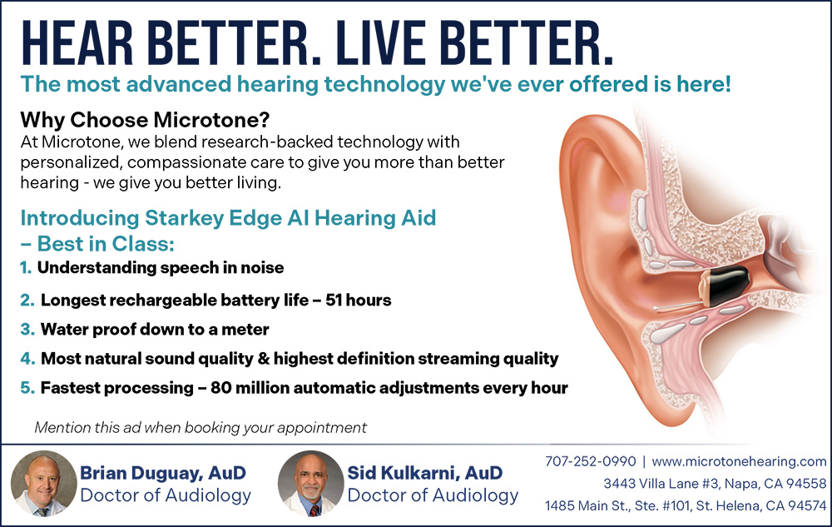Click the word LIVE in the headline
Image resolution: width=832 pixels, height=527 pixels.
point(380,43)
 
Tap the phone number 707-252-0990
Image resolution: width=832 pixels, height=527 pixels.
point(590,461)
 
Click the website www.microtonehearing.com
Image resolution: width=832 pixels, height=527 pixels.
point(739,462)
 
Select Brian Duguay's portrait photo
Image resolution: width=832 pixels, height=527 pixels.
point(44,484)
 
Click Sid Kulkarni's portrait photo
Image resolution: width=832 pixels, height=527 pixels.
point(311,484)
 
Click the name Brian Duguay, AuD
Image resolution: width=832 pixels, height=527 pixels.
point(163,472)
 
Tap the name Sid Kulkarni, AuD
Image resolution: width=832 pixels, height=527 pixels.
point(425,472)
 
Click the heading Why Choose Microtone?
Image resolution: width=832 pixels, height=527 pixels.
point(145,120)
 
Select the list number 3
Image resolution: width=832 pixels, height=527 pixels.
point(27,329)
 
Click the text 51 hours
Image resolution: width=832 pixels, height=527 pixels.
point(358,300)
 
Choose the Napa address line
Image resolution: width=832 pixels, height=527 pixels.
point(715,484)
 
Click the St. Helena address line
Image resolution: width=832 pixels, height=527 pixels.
point(686,506)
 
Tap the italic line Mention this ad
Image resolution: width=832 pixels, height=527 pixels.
point(201,428)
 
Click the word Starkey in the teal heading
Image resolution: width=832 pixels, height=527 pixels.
point(176,218)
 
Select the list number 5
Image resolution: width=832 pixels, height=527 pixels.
point(27,387)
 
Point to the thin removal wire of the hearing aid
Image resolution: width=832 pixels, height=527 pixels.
point(677,306)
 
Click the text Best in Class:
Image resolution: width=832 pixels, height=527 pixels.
point(106,244)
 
